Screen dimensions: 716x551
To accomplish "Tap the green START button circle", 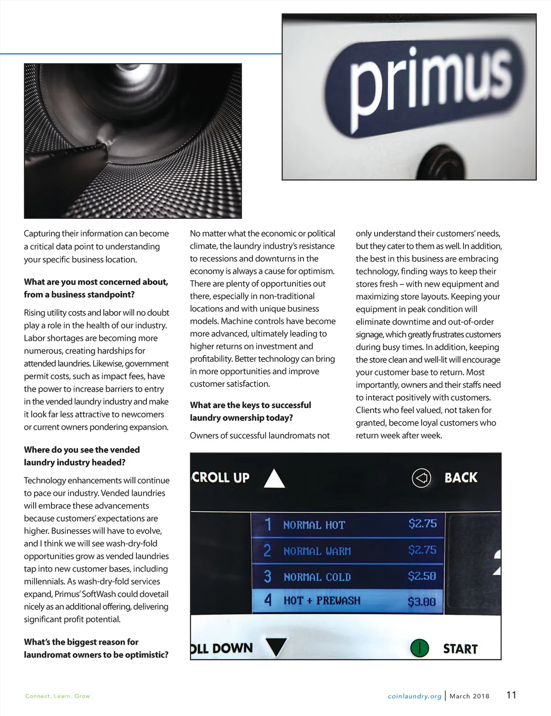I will [x=419, y=648].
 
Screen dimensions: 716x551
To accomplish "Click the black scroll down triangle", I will [x=276, y=647].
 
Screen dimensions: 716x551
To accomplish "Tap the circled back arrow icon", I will [x=421, y=478].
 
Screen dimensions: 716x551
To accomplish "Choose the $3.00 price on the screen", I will [x=422, y=601].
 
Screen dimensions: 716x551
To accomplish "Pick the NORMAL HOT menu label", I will [x=314, y=525].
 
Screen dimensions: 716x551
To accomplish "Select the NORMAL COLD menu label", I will [x=317, y=577].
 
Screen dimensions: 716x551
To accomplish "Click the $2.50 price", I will [x=422, y=576].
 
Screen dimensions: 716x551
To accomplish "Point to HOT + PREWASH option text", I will [x=322, y=601].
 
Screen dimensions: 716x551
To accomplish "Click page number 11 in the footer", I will [x=511, y=695].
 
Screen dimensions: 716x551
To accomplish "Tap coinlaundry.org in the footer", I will [x=414, y=696].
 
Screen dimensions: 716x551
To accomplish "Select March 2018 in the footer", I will [x=469, y=696].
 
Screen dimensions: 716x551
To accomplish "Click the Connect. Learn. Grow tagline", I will [x=58, y=696].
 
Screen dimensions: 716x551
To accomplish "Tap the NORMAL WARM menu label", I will [x=317, y=551].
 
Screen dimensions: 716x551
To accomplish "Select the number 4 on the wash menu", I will [x=268, y=600].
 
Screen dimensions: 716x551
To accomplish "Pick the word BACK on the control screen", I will [x=461, y=478].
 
